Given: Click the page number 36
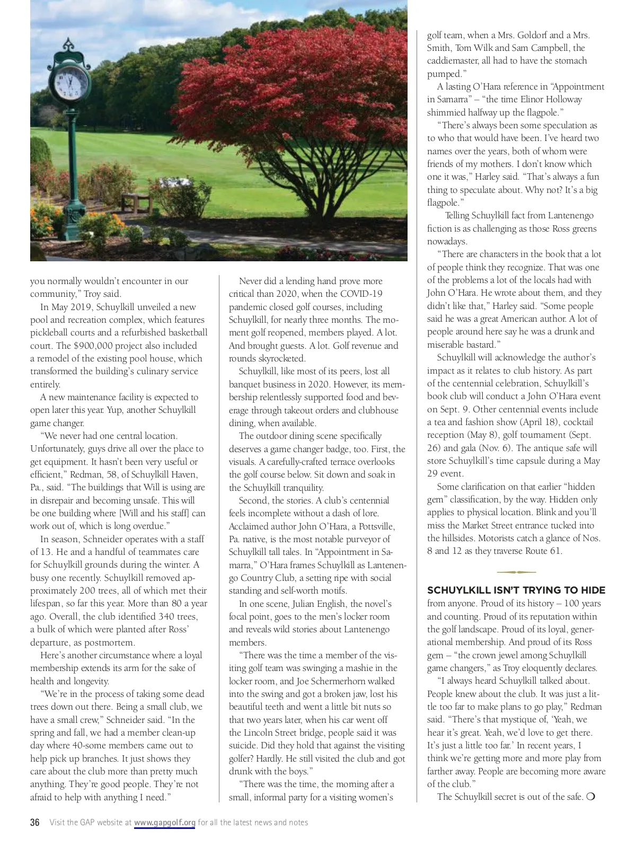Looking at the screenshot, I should (35, 823).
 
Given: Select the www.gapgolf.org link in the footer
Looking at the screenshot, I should (165, 823).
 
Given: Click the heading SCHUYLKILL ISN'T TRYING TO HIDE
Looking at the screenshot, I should (516, 590).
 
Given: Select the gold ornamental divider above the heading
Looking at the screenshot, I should (516, 572).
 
